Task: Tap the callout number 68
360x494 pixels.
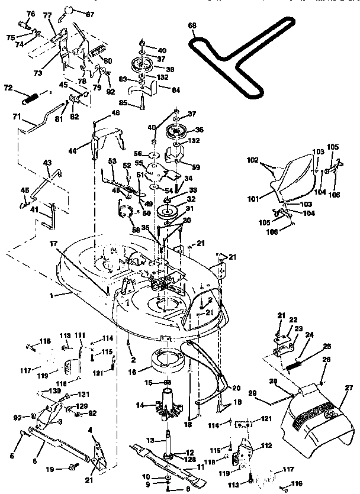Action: [x=191, y=25]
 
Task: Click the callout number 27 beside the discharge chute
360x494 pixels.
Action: [x=349, y=388]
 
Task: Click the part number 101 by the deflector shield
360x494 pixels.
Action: [x=253, y=199]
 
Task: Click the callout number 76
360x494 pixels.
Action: [x=31, y=14]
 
